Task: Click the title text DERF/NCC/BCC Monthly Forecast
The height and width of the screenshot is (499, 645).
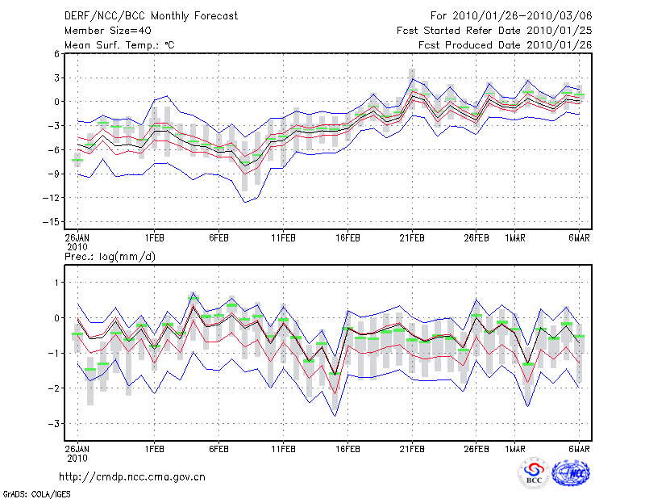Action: pyautogui.click(x=151, y=16)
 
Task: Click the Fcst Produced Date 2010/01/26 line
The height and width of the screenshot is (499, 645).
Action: pyautogui.click(x=505, y=45)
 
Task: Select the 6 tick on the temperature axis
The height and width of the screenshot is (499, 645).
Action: pyautogui.click(x=57, y=53)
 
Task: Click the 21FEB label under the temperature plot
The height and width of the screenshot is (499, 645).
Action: pyautogui.click(x=412, y=238)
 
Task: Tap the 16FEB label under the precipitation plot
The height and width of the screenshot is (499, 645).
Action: pyautogui.click(x=347, y=448)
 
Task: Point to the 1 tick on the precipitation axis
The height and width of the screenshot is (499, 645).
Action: pyautogui.click(x=57, y=283)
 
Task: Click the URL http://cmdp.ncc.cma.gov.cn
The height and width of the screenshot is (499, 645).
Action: pyautogui.click(x=132, y=476)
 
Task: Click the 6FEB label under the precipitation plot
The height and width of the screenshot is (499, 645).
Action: pyautogui.click(x=218, y=448)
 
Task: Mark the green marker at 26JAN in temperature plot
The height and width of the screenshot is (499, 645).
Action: pyautogui.click(x=77, y=160)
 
